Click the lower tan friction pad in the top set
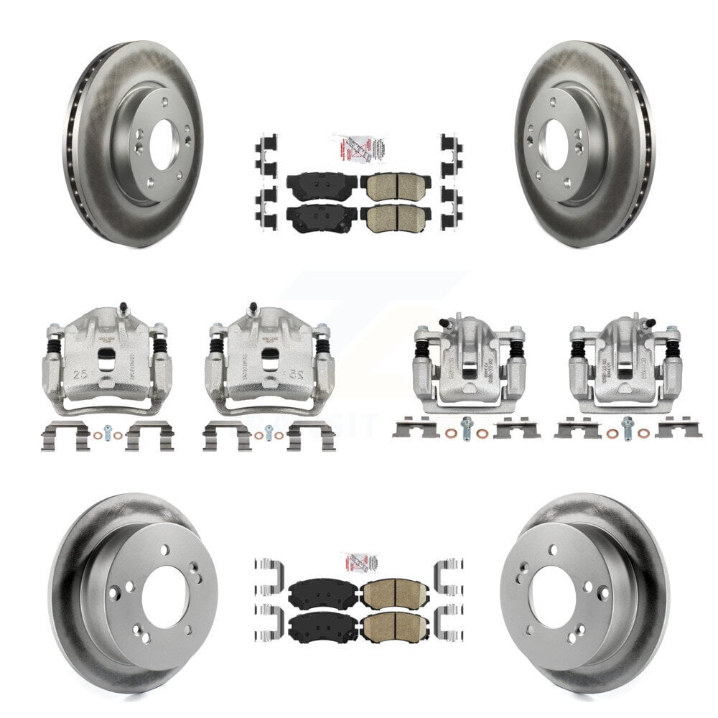point(393,218)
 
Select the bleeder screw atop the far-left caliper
point(123,309)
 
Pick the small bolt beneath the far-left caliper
point(107,433)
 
